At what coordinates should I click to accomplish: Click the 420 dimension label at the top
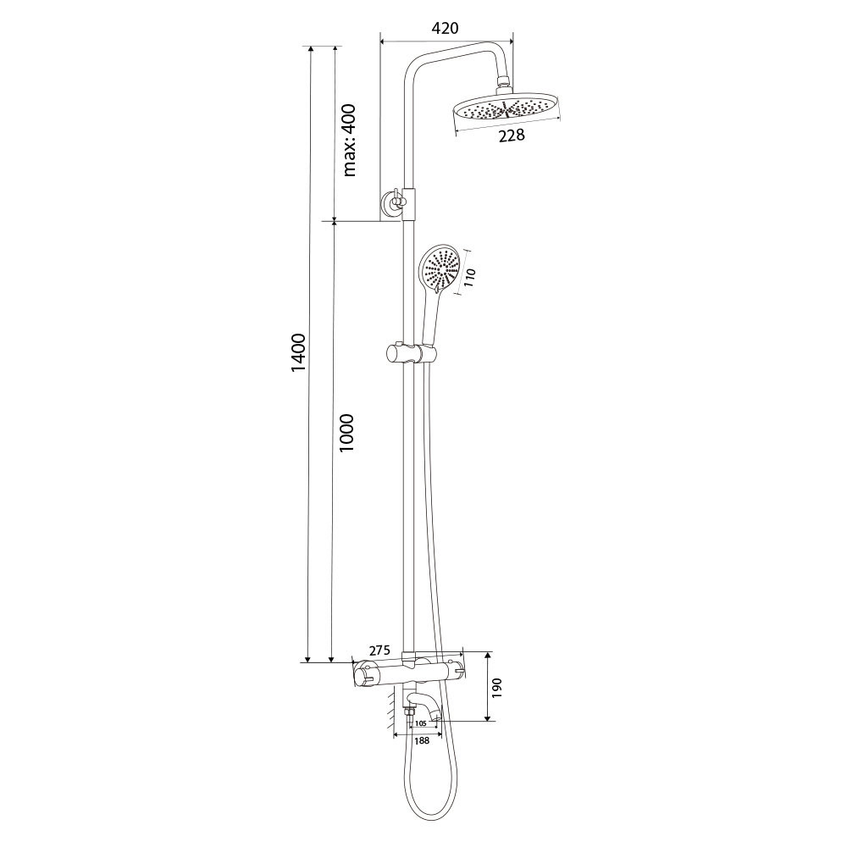click(x=446, y=28)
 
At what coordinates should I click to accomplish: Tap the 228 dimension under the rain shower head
click(x=511, y=135)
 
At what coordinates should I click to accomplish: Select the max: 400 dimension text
click(x=350, y=141)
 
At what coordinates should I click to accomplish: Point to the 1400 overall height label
click(x=298, y=352)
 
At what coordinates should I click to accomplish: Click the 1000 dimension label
click(x=346, y=433)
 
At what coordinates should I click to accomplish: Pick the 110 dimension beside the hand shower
click(x=469, y=278)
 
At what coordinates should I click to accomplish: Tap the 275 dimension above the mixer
click(x=379, y=650)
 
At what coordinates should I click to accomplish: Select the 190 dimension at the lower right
click(x=497, y=688)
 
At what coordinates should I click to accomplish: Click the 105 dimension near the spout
click(x=421, y=723)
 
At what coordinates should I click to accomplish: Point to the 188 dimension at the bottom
click(x=421, y=740)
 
